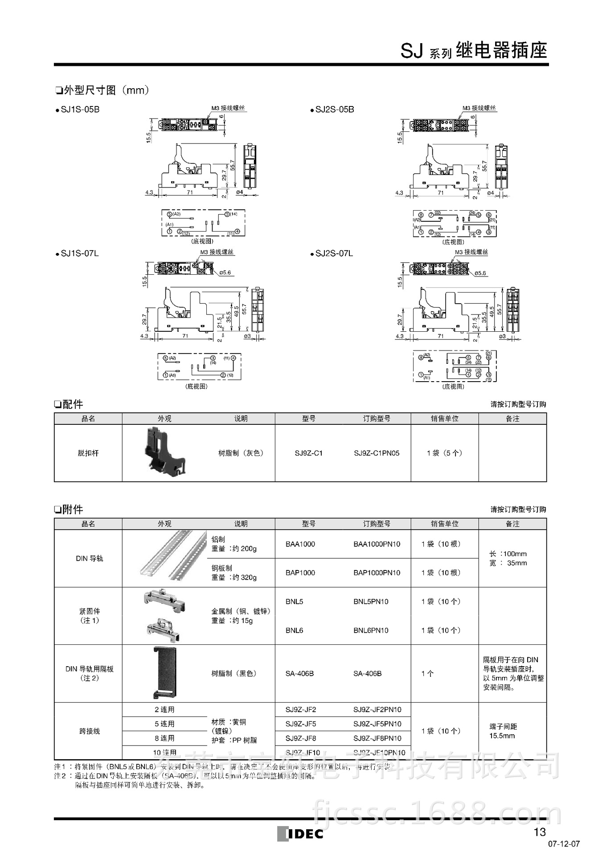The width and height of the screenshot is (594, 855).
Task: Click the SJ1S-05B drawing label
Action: (x=80, y=109)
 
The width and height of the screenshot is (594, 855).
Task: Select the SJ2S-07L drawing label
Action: (x=334, y=253)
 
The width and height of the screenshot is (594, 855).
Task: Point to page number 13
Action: (x=540, y=831)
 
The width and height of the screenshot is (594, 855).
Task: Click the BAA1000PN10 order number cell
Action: (x=377, y=544)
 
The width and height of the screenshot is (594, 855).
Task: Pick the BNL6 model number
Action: (x=294, y=630)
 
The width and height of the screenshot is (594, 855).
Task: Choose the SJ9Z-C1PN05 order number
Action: (x=377, y=453)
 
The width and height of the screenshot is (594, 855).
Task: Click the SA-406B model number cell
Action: (x=299, y=673)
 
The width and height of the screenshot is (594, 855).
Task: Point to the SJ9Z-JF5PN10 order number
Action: (x=377, y=724)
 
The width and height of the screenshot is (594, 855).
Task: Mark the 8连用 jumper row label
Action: (x=164, y=738)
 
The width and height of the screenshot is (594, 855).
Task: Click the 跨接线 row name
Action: (x=89, y=731)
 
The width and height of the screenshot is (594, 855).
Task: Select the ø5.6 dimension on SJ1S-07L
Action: (x=225, y=273)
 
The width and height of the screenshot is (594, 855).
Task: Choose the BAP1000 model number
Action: (x=300, y=573)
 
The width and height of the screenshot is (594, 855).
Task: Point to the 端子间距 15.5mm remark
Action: (x=503, y=731)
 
